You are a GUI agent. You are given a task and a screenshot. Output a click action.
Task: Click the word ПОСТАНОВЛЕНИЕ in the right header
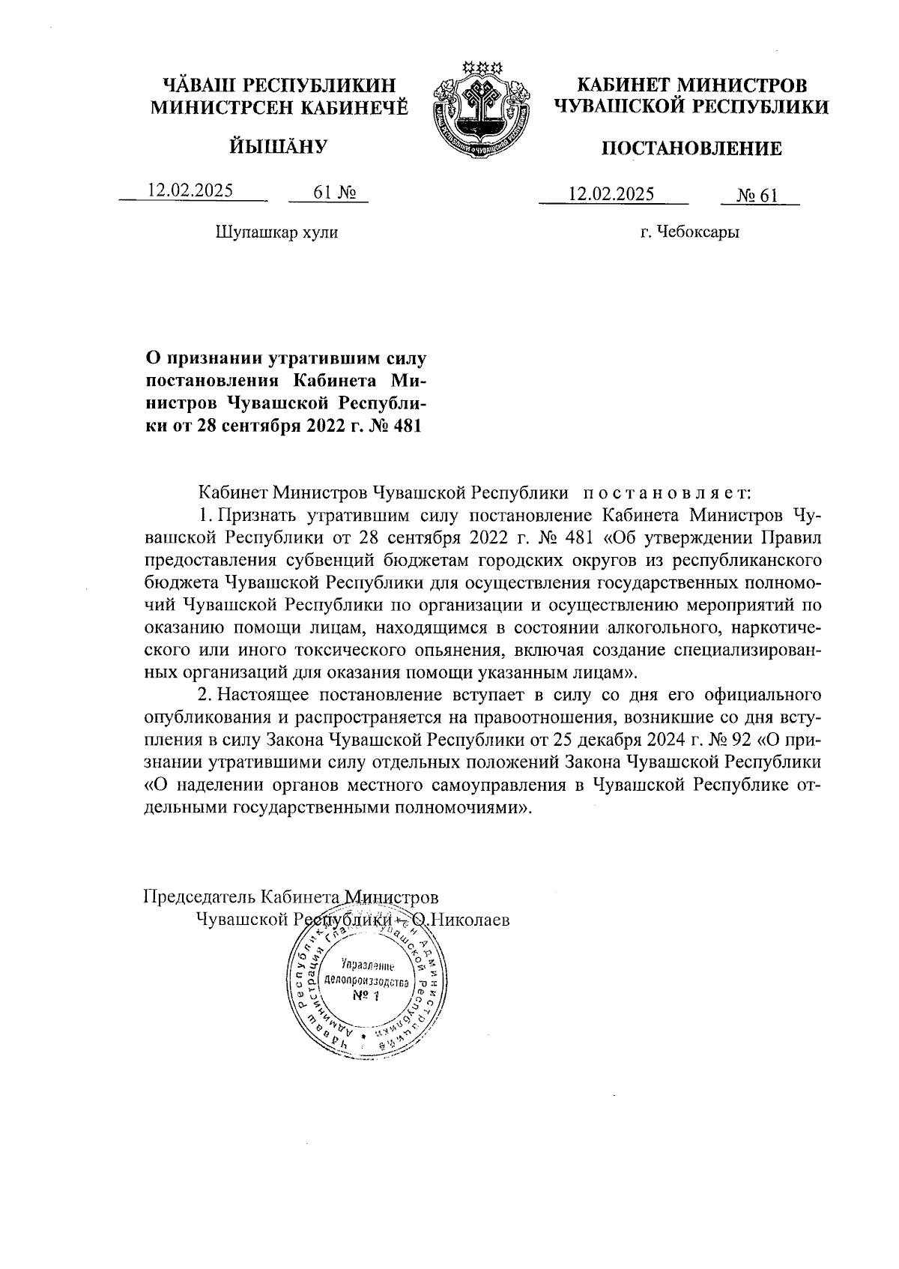(x=691, y=149)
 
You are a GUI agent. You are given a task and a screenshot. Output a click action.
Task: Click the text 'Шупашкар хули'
(x=276, y=232)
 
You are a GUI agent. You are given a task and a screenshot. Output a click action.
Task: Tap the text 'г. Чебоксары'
(x=690, y=232)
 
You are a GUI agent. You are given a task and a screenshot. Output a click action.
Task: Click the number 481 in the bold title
(x=405, y=426)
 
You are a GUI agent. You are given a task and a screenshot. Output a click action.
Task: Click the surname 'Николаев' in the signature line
(x=468, y=919)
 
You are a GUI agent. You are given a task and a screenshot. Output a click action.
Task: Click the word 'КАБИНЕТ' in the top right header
(x=620, y=85)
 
